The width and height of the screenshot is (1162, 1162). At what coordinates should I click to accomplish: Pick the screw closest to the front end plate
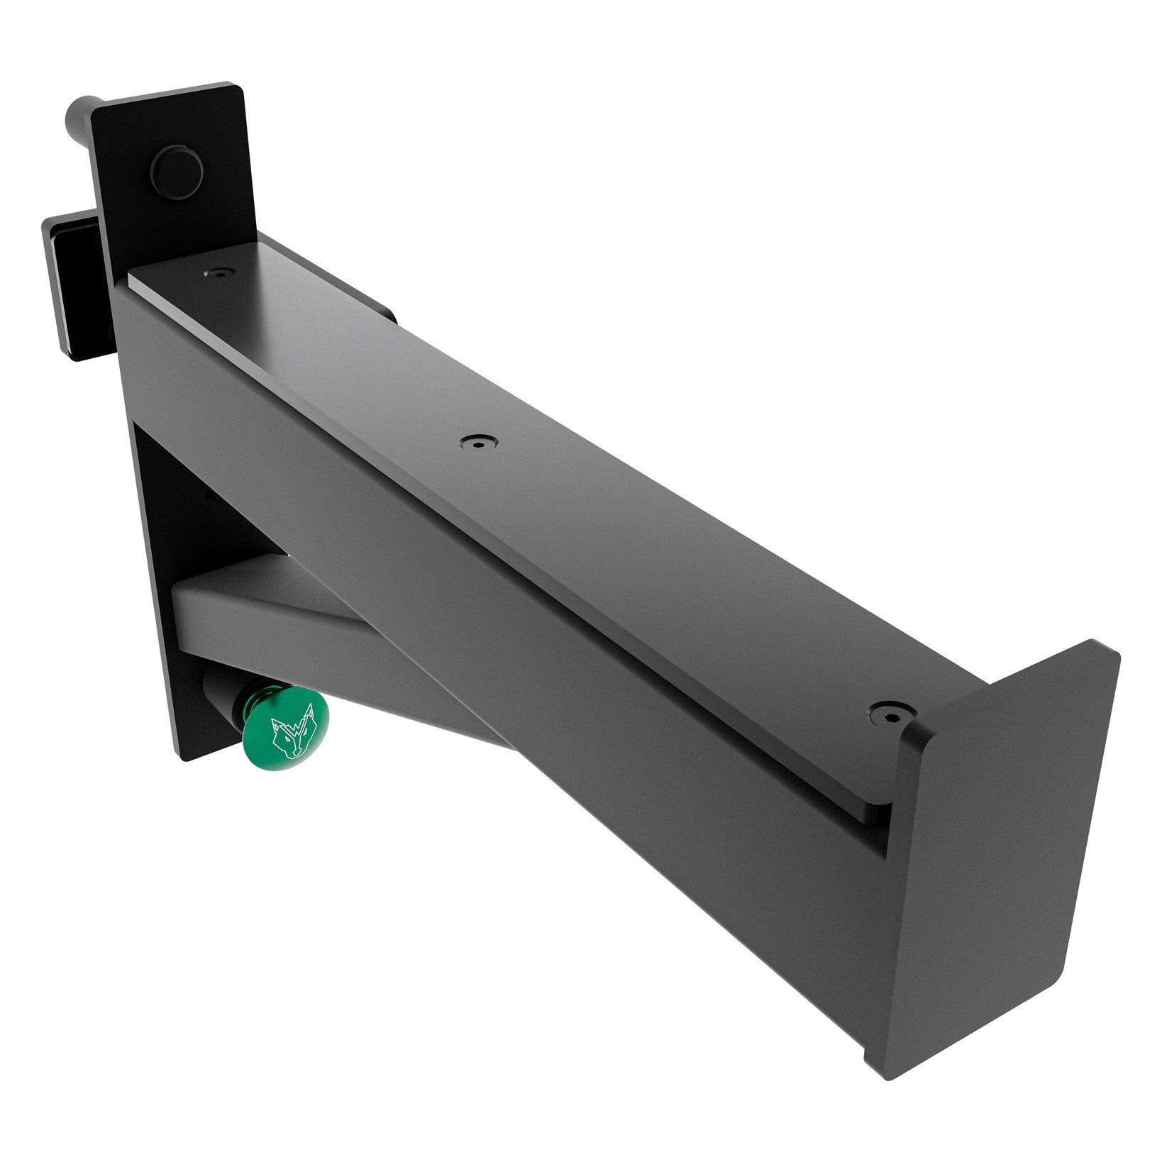887,712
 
